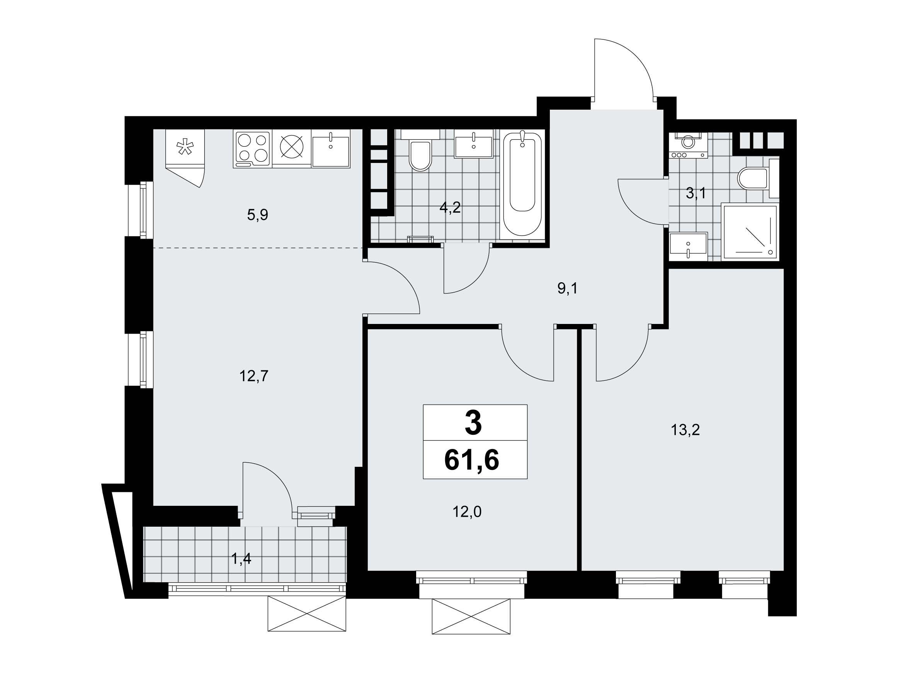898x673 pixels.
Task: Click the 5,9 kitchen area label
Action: [257, 215]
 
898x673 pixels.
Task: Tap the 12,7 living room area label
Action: [254, 376]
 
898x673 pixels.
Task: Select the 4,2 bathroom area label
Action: [450, 207]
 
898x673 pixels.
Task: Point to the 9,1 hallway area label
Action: [567, 288]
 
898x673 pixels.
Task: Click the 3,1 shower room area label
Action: [696, 193]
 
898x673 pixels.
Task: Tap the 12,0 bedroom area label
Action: [467, 512]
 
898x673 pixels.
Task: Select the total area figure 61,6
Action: [472, 460]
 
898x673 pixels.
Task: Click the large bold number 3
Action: [473, 423]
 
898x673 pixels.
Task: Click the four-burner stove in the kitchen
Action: [252, 149]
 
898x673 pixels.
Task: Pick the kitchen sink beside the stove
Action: [331, 149]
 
